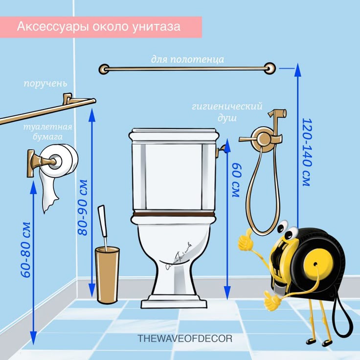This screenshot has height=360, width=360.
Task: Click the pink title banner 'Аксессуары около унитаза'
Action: pos(101,27)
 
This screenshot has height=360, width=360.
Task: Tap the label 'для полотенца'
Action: pos(187,60)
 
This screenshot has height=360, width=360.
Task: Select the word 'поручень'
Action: pos(45,84)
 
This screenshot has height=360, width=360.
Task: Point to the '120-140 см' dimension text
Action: pos(307,152)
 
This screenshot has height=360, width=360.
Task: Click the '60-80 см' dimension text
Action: pos(26,250)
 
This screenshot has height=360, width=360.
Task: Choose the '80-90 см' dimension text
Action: pos(83,207)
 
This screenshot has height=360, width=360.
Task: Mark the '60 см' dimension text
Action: pos(236,180)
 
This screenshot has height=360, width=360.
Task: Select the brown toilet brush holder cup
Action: pos(107,275)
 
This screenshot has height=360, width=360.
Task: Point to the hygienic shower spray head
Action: pos(277,114)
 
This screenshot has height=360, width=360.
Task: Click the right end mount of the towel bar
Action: pos(270,68)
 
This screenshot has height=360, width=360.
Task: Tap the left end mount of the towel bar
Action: pos(104,69)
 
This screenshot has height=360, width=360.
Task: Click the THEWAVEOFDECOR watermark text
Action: pos(185,338)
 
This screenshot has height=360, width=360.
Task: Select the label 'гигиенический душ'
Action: pos(227,112)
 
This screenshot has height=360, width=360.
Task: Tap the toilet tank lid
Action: pos(173,135)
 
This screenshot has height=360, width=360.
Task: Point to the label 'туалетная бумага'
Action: pos(48,132)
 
